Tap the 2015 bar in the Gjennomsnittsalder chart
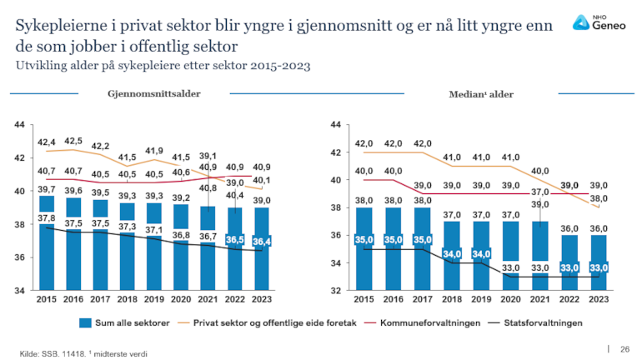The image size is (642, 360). tap(48, 250)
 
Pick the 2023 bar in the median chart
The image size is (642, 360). tap(599, 262)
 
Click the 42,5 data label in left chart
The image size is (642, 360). tap(73, 141)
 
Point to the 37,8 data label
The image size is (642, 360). tap(48, 218)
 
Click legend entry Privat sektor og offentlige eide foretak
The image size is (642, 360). tap(275, 322)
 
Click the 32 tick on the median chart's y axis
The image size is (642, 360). tap(336, 291)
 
